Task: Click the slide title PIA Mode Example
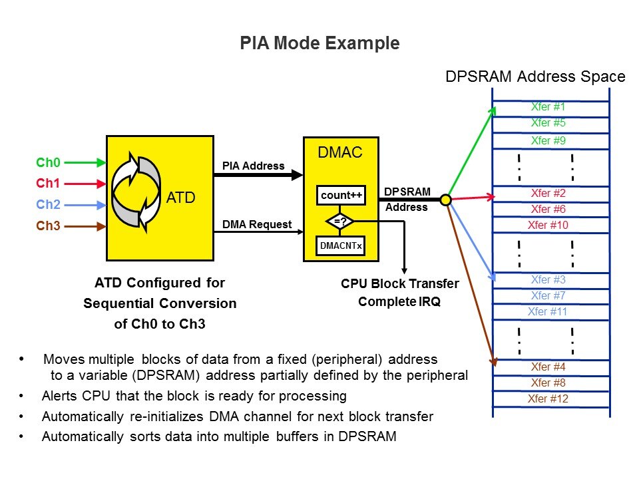(319, 44)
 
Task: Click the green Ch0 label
(48, 162)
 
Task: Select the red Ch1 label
(48, 183)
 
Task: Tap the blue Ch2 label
(48, 204)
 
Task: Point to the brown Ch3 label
(48, 226)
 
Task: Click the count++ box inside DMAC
(341, 196)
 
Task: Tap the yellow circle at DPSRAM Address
(446, 199)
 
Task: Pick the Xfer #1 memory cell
(548, 107)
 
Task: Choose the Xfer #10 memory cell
(548, 225)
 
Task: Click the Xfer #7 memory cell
(548, 295)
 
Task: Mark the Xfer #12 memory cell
(548, 399)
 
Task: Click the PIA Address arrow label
(252, 166)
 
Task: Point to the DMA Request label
(257, 224)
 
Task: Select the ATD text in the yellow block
(180, 197)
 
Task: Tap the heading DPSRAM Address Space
(535, 77)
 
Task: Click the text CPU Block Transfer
(399, 284)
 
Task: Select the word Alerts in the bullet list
(59, 396)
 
